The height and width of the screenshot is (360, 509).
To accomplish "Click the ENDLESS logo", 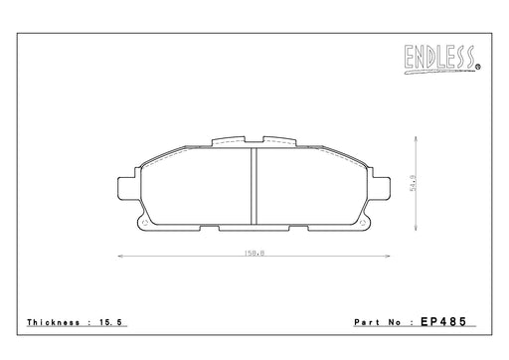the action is tap(440, 59).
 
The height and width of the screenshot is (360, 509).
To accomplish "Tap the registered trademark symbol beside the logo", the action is tap(478, 67).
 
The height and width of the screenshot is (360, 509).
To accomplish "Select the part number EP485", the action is tap(443, 321).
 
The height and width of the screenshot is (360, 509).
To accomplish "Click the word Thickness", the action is tap(54, 322).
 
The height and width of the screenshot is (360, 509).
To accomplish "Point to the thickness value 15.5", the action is tap(110, 322).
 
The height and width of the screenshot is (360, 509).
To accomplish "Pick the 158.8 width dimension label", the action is tap(254, 253).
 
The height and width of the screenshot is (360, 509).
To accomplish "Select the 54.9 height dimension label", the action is tap(413, 183).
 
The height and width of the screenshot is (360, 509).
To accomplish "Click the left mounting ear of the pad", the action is tap(126, 189).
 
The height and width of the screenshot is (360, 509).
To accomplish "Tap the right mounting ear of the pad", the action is tap(381, 189).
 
